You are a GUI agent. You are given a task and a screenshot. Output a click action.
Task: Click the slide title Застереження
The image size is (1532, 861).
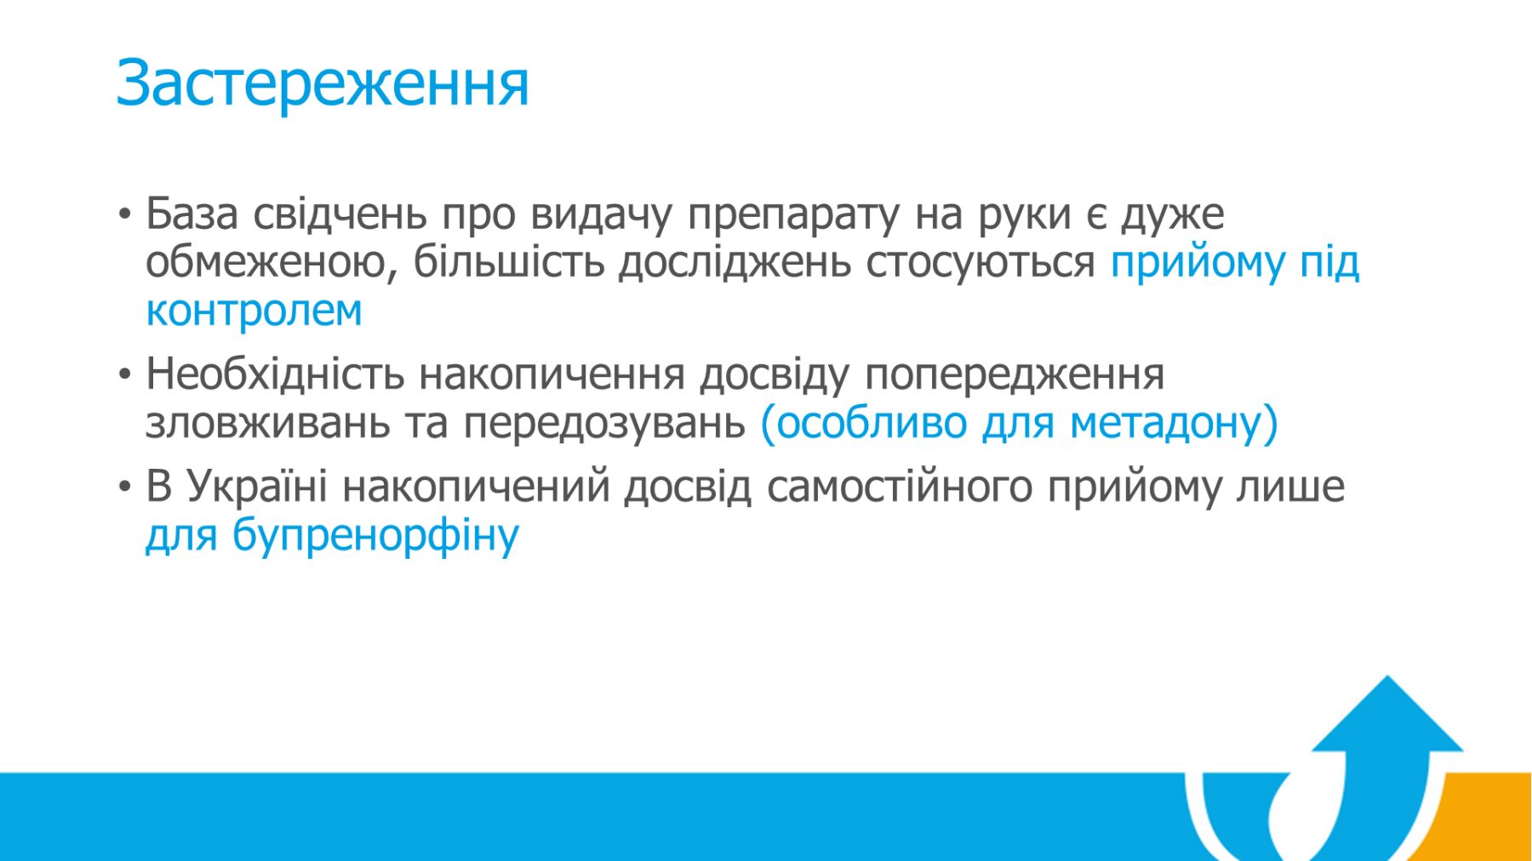pyautogui.click(x=323, y=83)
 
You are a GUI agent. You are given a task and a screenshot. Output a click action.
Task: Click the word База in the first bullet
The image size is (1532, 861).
pyautogui.click(x=191, y=214)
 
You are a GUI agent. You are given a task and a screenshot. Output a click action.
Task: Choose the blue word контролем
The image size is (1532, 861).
pyautogui.click(x=254, y=311)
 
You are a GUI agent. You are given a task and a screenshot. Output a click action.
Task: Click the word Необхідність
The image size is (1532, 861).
pyautogui.click(x=274, y=373)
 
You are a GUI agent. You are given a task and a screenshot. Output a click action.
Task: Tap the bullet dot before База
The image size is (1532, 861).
pyautogui.click(x=125, y=214)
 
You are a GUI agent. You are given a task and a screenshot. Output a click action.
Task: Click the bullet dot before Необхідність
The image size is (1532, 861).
pyautogui.click(x=125, y=374)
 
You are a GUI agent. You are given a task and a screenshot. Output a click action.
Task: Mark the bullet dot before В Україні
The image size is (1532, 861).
pyautogui.click(x=125, y=487)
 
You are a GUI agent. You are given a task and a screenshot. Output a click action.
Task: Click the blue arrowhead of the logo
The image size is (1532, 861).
pyautogui.click(x=1387, y=719)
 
